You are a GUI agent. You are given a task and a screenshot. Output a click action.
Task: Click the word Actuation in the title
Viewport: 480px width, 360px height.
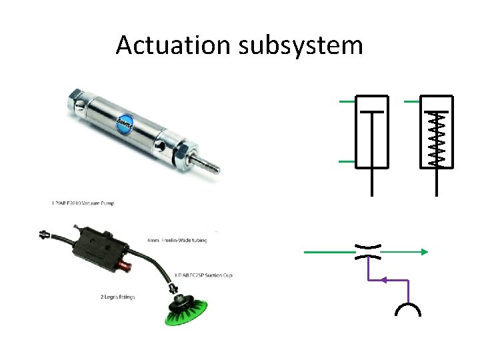click(173, 45)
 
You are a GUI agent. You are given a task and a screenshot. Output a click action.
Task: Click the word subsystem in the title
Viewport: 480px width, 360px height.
click(298, 45)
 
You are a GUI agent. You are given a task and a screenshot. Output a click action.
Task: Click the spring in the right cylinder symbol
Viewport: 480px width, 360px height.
click(437, 138)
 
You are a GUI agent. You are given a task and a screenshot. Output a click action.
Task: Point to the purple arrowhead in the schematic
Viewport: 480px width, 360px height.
click(378, 281)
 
